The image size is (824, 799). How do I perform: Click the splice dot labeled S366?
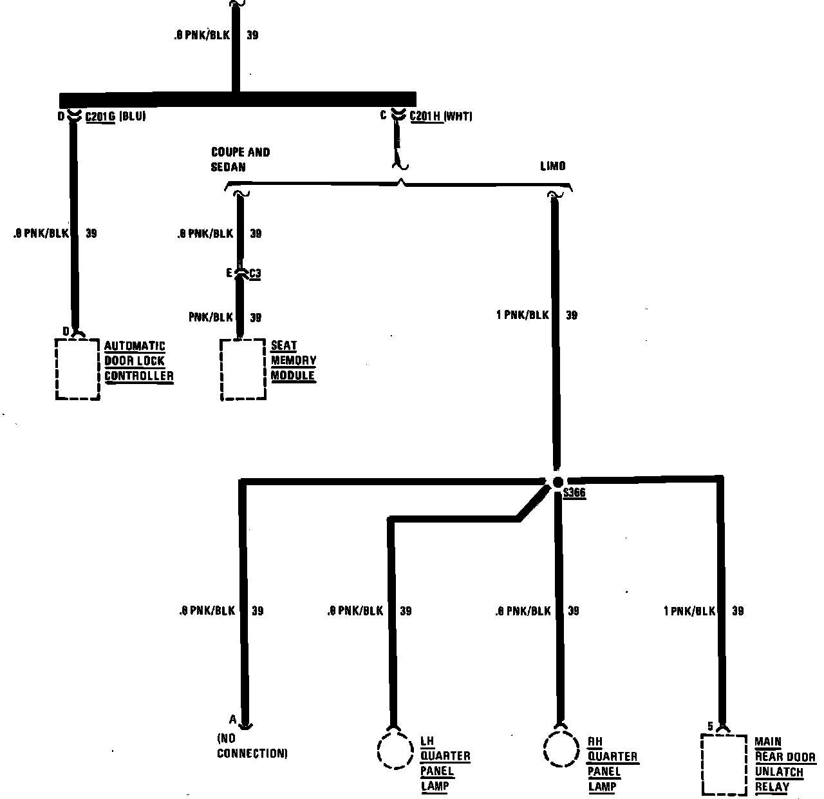557,482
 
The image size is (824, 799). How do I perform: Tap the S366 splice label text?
574,494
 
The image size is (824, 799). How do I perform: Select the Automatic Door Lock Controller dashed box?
78,369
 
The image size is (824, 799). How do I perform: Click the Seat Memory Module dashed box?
243,369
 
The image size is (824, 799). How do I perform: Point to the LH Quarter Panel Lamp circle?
394,749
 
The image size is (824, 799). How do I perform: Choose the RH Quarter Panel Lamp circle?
561,749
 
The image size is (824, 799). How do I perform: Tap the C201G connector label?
100,117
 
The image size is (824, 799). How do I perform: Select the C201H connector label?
424,117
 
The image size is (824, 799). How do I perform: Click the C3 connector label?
255,274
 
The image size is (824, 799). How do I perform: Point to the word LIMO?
552,166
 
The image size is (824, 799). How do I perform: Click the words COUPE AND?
240,152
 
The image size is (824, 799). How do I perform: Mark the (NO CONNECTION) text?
252,746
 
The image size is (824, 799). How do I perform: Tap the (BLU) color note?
132,117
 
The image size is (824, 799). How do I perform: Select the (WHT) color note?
457,117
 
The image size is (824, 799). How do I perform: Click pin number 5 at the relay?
710,726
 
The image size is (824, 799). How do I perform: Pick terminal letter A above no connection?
232,719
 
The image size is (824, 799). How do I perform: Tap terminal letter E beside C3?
229,274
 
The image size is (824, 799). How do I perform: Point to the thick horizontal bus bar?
238,100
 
